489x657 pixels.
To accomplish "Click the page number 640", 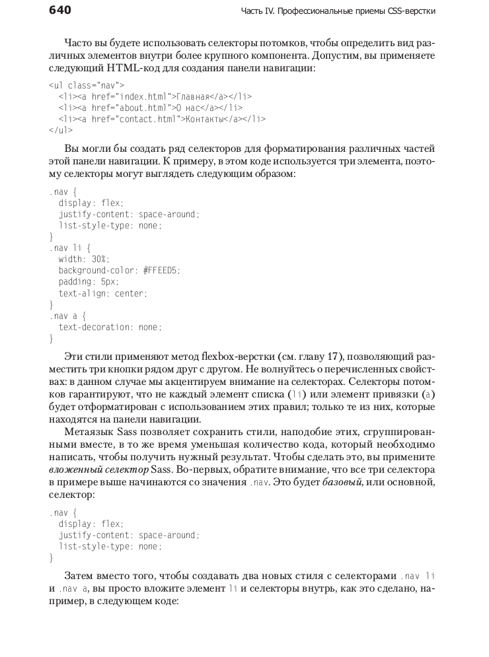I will [x=59, y=11].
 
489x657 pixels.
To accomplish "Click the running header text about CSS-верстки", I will [x=337, y=11].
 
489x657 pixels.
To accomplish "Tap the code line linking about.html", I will [x=150, y=108].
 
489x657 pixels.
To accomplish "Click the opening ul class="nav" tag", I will [x=87, y=85].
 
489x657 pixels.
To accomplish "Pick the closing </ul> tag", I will [x=61, y=130].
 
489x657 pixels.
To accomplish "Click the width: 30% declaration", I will [x=84, y=259].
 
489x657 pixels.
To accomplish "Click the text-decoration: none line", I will [x=110, y=327].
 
